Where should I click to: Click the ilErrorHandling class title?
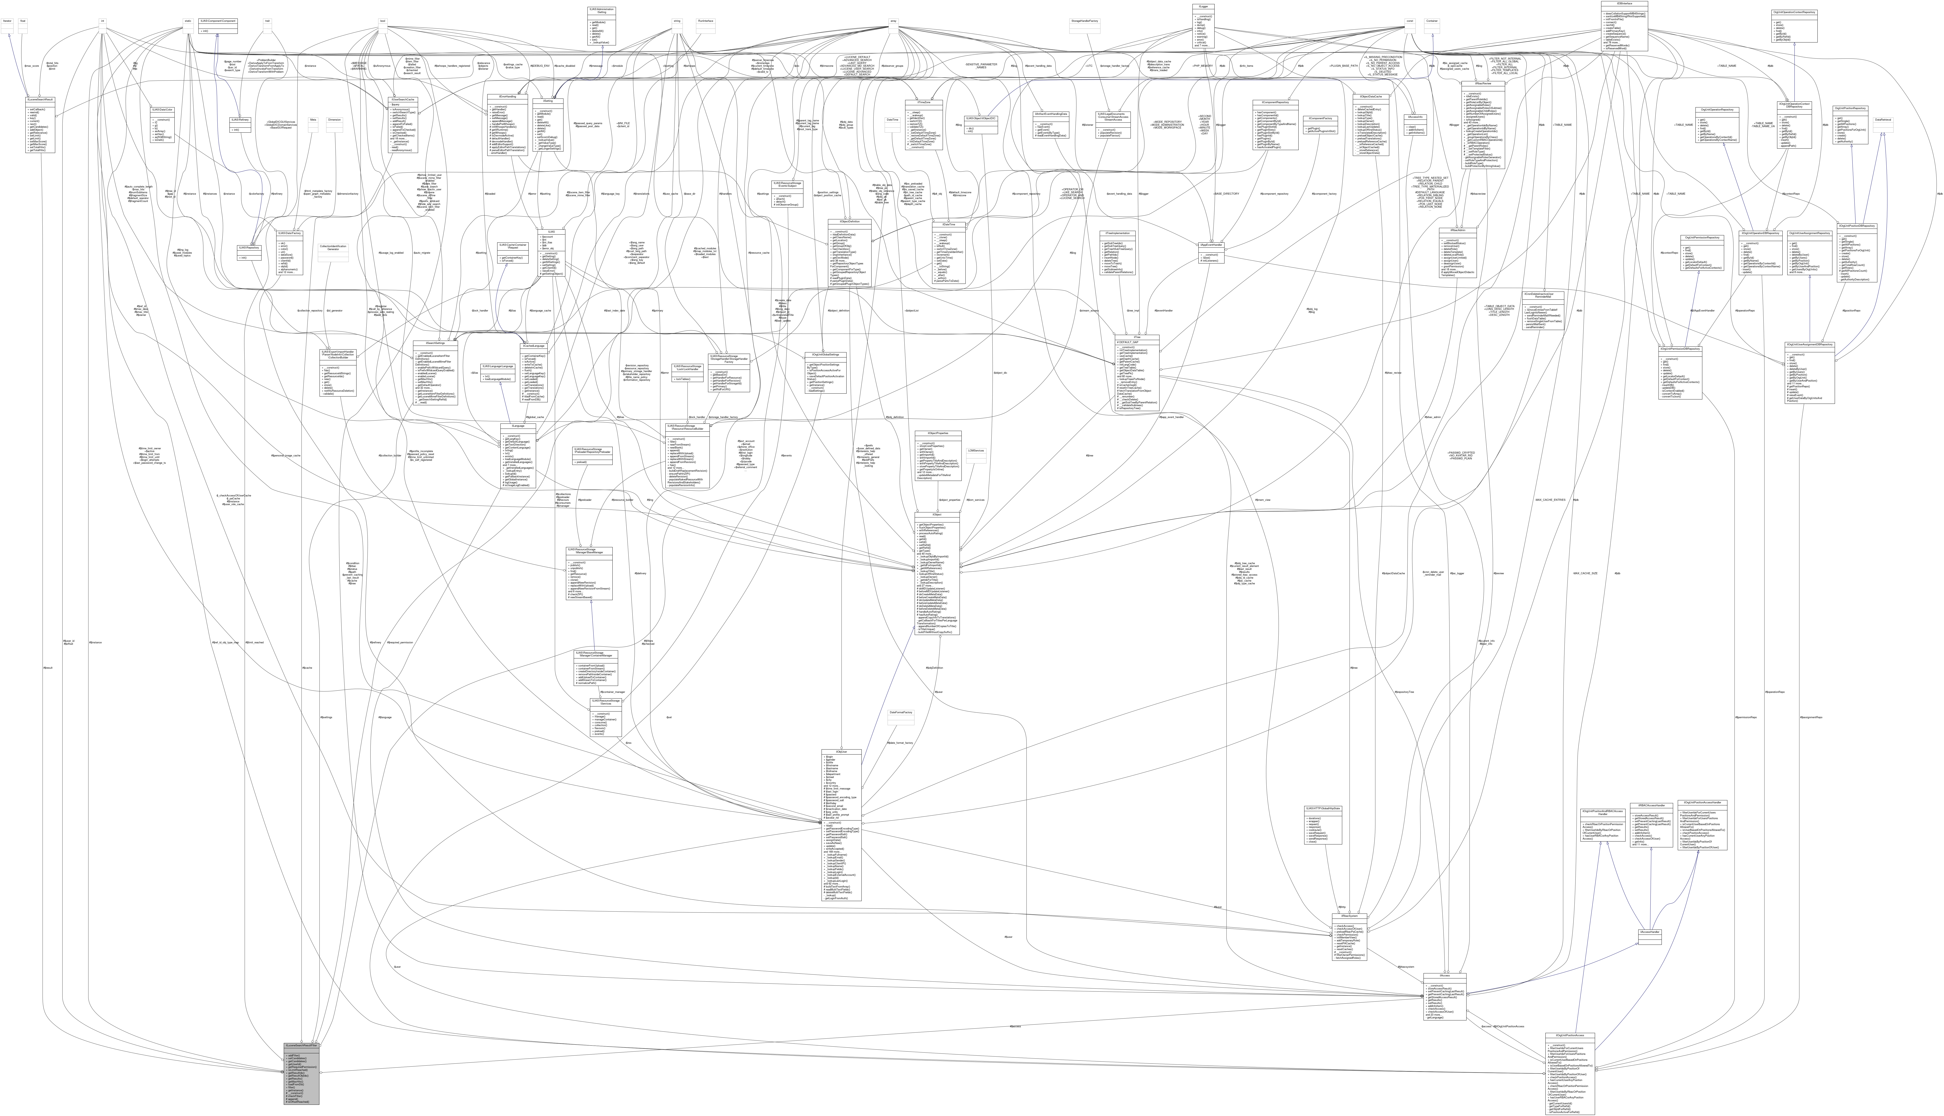[502, 96]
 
